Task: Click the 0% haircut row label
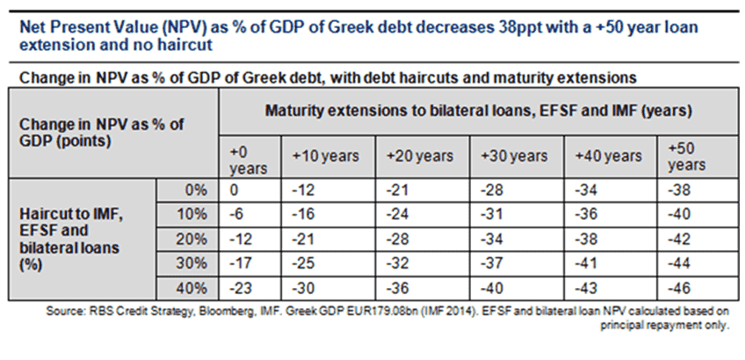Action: click(195, 189)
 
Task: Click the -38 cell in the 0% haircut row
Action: click(678, 189)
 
